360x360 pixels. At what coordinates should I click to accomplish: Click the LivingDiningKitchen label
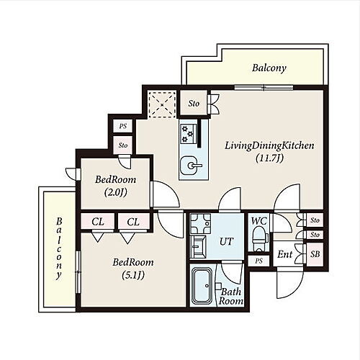tap(269, 145)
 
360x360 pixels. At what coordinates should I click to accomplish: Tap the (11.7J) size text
tap(269, 158)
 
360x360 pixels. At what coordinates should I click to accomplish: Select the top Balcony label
tap(269, 68)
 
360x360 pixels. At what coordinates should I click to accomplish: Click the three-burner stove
tap(189, 134)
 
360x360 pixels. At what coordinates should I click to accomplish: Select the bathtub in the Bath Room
tap(202, 286)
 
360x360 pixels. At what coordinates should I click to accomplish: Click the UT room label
tap(226, 241)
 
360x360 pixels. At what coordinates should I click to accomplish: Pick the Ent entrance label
tap(285, 254)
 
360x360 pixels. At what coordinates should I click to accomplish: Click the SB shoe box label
tap(315, 254)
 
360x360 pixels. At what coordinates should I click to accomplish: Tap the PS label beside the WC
tap(258, 261)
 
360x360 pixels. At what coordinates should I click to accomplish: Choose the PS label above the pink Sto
tap(123, 126)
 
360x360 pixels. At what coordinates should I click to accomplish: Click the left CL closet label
tap(98, 222)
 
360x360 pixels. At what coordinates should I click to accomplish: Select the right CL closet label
tap(133, 222)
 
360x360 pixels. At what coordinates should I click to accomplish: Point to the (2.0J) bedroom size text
tap(116, 192)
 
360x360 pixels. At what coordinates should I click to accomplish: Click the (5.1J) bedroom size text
tap(133, 275)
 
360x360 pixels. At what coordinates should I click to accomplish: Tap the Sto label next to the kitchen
tap(194, 104)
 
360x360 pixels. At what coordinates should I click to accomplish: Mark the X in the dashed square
tap(162, 104)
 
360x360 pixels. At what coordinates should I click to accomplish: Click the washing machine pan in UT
tap(200, 224)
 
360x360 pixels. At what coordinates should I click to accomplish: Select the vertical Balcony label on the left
tap(59, 248)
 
